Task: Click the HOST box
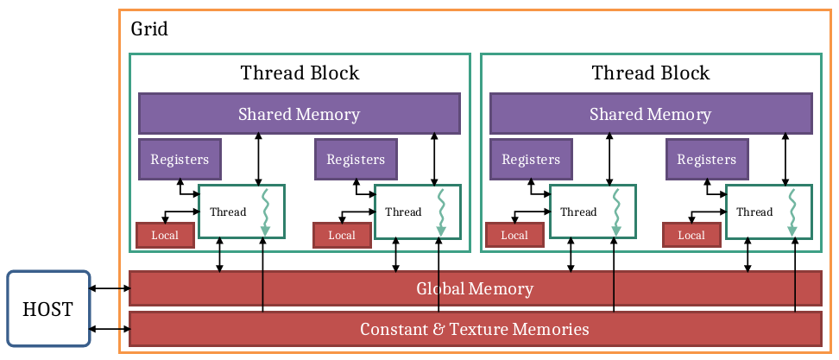pos(48,309)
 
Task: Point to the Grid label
pos(149,29)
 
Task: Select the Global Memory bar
pos(475,288)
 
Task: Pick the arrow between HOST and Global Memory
pos(109,289)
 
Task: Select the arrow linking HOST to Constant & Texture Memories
pos(109,329)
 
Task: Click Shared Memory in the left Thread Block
pos(299,114)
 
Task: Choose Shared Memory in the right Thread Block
pos(650,114)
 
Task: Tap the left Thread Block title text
pos(299,73)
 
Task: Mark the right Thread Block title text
pos(650,73)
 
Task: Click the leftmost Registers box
pos(180,159)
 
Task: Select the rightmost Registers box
pos(706,159)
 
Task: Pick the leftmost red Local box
pos(165,235)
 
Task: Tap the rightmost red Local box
pos(691,235)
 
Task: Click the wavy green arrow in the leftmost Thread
pos(266,212)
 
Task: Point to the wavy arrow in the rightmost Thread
pos(792,212)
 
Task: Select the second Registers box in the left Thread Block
pos(356,159)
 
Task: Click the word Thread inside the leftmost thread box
pos(228,212)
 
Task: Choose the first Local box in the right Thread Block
pos(514,235)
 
